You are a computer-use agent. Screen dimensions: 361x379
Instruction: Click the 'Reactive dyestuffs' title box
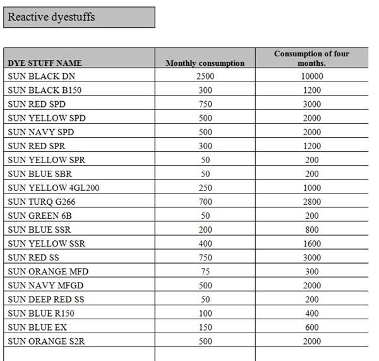coord(78,17)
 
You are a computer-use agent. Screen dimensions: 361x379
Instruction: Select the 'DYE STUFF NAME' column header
coord(45,63)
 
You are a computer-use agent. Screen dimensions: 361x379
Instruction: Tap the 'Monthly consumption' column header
coord(205,63)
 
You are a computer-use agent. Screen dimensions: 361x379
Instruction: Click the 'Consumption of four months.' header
coord(311,58)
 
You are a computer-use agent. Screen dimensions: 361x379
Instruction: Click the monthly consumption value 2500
coord(205,76)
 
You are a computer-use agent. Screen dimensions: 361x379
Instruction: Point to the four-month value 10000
coord(311,76)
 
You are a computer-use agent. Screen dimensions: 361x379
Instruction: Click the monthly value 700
coord(205,202)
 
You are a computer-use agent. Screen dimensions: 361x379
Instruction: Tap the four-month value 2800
coord(311,202)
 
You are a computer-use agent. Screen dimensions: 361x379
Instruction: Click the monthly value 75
coord(205,271)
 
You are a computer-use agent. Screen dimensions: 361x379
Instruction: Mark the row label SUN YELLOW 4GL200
coord(54,188)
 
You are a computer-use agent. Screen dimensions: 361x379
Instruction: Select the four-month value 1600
coord(311,243)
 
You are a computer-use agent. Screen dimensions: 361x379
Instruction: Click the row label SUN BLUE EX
coord(37,327)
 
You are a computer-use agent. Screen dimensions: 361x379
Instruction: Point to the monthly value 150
coord(205,327)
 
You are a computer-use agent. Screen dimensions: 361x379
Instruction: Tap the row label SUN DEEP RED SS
coord(45,299)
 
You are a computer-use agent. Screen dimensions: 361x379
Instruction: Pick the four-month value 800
coord(311,229)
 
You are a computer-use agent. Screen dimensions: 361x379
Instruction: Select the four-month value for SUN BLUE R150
coord(311,313)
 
